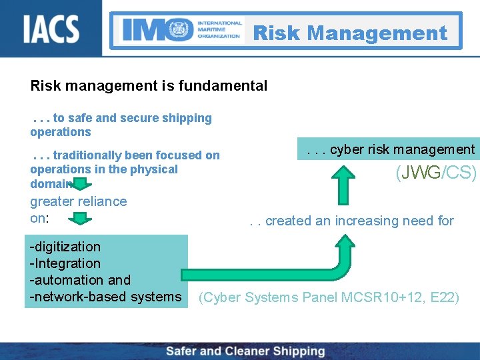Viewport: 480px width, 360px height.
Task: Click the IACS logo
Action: [51, 29]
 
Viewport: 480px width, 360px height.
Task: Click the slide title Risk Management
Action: [350, 33]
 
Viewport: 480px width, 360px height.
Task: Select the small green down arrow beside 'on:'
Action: [82, 219]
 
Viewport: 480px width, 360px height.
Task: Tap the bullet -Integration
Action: [65, 264]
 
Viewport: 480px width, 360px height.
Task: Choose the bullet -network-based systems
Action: [105, 297]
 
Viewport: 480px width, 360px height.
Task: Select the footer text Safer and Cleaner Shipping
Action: [245, 351]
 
